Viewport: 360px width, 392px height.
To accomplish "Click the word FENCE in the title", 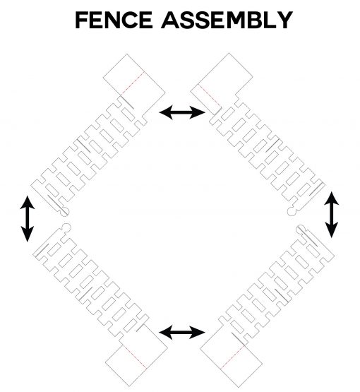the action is click(x=114, y=20).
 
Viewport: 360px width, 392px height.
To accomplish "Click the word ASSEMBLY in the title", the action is click(x=227, y=20).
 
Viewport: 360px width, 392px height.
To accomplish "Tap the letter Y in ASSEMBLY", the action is click(x=284, y=20).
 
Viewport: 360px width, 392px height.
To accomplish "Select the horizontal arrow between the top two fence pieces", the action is click(x=182, y=112).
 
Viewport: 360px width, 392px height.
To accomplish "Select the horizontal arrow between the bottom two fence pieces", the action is click(x=182, y=332).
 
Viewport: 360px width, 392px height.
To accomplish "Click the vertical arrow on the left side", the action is click(x=27, y=219).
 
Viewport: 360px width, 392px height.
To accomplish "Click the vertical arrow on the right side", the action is click(x=331, y=215).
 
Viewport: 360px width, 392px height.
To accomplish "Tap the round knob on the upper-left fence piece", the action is click(x=64, y=211).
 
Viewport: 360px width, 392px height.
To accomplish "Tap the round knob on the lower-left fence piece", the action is click(x=66, y=227).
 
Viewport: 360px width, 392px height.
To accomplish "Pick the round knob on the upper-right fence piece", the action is click(x=292, y=211).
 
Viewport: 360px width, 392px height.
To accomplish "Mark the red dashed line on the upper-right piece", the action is click(x=210, y=97).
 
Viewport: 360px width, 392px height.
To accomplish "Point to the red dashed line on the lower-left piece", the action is click(x=135, y=357).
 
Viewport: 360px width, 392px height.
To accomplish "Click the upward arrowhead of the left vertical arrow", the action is click(x=28, y=202).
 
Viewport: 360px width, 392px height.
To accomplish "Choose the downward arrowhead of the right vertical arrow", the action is click(x=331, y=230).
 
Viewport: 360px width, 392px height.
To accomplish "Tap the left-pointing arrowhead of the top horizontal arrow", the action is click(x=167, y=112).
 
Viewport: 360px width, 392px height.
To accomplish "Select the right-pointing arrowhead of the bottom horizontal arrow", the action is click(x=198, y=332).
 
